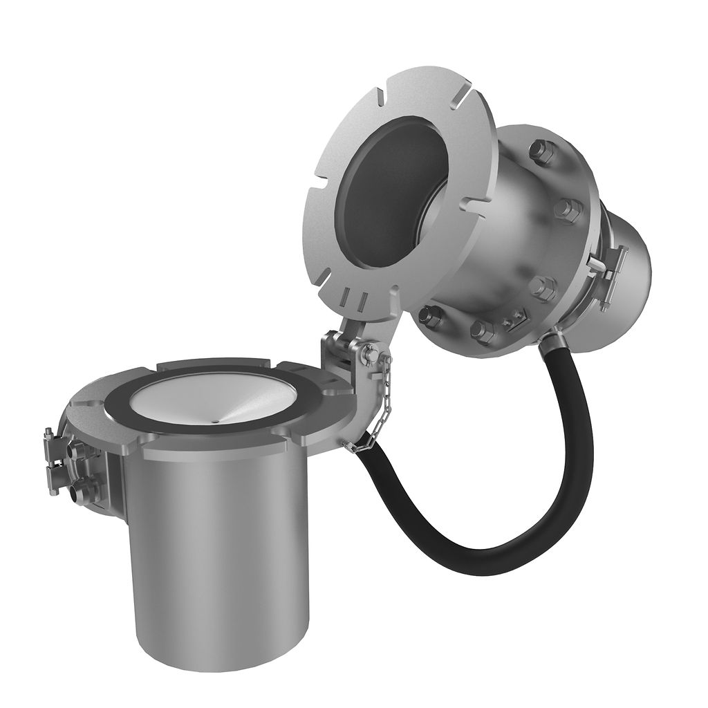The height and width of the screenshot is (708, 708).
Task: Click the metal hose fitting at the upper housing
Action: click(x=553, y=338)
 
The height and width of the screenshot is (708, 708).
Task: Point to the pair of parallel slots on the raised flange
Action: click(x=352, y=300)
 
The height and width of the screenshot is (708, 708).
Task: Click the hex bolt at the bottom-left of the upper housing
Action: click(x=430, y=316)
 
